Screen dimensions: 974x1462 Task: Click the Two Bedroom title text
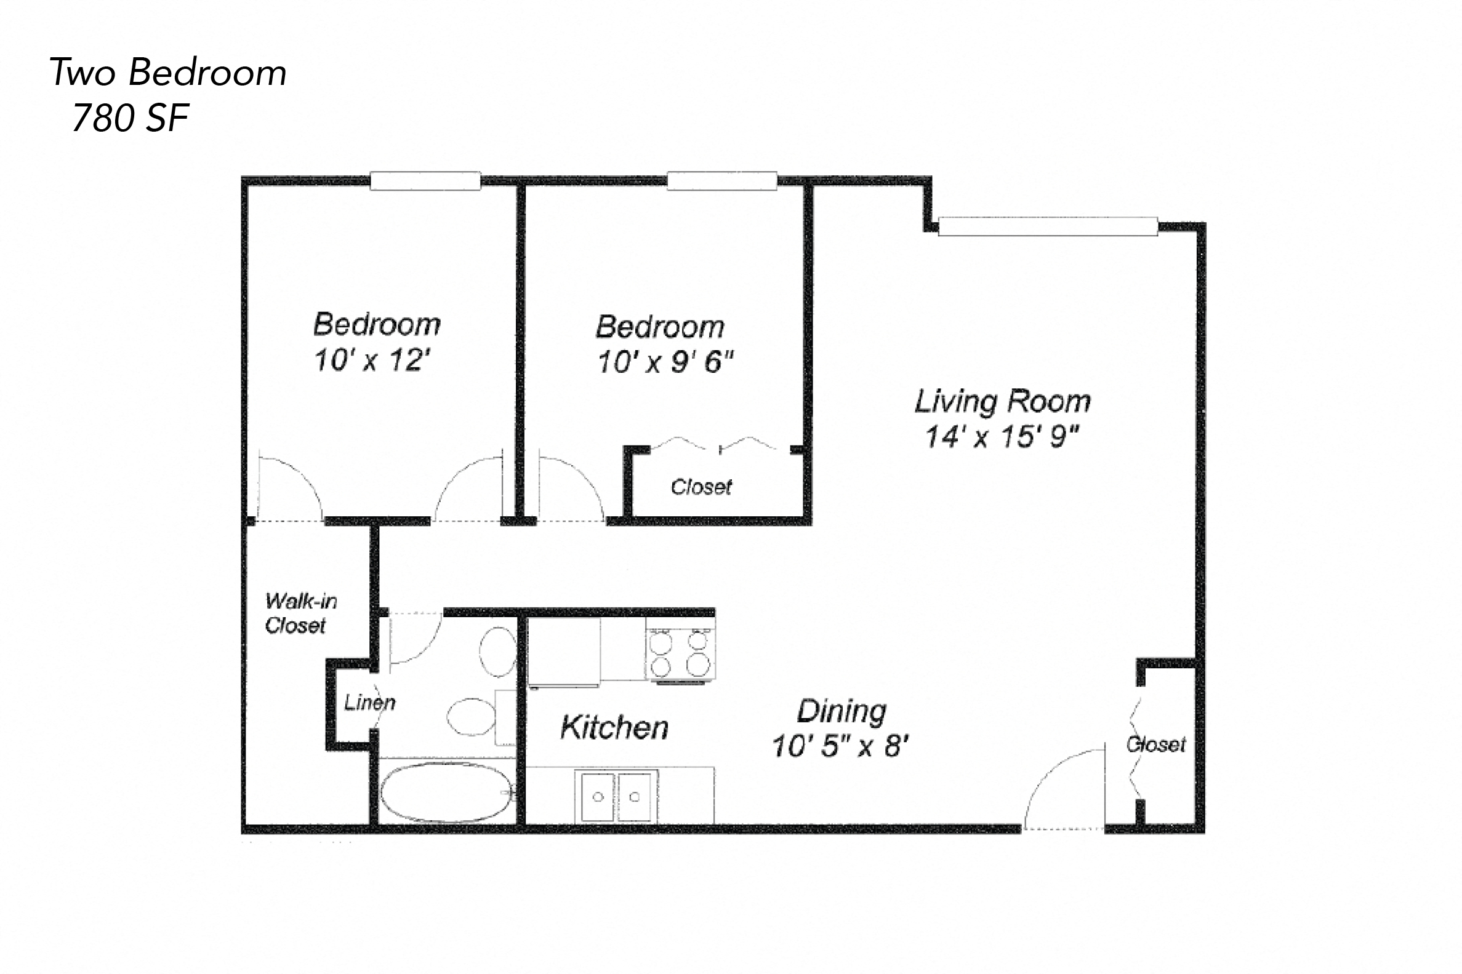pos(168,73)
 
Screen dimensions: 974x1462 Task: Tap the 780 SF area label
pos(131,118)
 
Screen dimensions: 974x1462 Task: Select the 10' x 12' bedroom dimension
pos(372,361)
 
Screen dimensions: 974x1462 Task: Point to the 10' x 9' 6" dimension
pos(665,362)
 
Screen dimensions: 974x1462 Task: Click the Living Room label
pos(1002,401)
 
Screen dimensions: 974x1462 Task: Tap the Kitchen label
pos(614,727)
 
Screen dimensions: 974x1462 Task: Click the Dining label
pos(841,711)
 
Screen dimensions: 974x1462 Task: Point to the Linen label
pos(370,703)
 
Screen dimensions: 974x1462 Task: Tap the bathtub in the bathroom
pos(448,792)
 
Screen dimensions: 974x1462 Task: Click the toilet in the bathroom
pos(497,652)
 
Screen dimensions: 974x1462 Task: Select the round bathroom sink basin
pos(470,718)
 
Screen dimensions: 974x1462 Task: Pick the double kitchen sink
pos(616,796)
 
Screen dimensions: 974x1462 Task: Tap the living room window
pos(1048,226)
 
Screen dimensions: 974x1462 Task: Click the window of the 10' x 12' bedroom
pos(425,181)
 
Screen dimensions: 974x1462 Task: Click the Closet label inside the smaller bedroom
pos(701,487)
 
